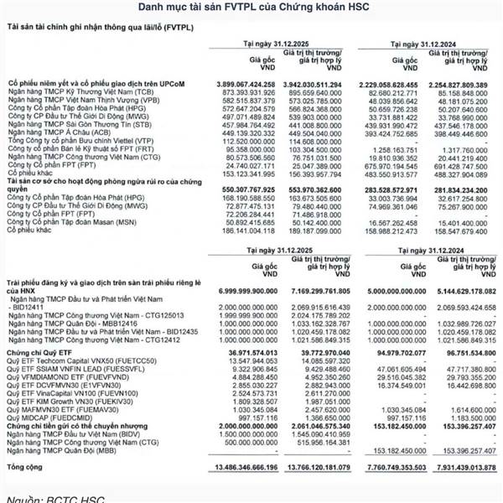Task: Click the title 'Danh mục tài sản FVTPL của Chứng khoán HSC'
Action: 251,8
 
